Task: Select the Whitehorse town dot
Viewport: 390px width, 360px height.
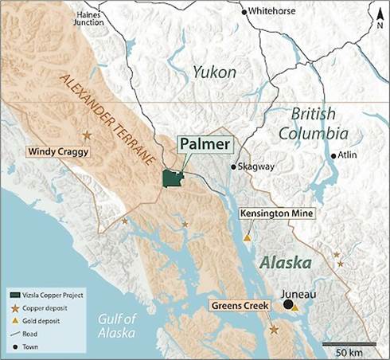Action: [x=244, y=11]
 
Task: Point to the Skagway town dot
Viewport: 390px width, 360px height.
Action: [x=233, y=167]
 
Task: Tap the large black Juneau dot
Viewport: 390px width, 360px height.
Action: [x=287, y=304]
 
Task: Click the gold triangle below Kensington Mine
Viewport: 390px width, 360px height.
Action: [x=248, y=237]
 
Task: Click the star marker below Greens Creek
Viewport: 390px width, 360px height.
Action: [x=275, y=329]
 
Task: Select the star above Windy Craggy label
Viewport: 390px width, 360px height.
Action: [x=86, y=135]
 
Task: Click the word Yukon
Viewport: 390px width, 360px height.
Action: [x=213, y=72]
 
